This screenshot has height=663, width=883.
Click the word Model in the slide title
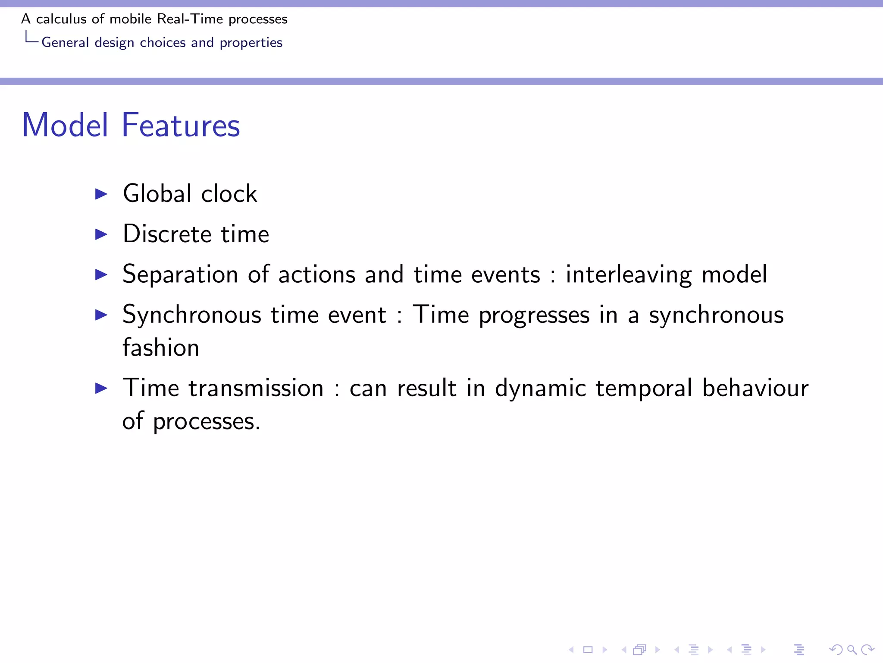[x=65, y=125]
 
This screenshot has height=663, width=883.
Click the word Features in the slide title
[x=181, y=125]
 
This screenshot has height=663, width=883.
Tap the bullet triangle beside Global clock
[x=101, y=194]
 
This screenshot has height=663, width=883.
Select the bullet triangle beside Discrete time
[x=101, y=234]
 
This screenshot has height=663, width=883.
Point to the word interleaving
[x=629, y=275]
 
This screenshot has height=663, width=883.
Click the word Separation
[x=180, y=275]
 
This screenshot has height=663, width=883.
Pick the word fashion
[x=160, y=347]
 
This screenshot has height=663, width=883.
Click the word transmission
[x=256, y=388]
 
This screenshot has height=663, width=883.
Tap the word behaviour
[x=755, y=388]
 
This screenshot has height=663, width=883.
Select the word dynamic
[x=540, y=388]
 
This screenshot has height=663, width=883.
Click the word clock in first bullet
[x=229, y=193]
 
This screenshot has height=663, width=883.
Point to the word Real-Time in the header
[x=190, y=19]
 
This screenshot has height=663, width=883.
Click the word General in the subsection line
[x=65, y=42]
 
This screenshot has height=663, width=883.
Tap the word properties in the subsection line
[x=251, y=42]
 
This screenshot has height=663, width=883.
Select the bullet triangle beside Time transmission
[x=101, y=388]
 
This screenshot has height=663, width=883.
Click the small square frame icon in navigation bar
[x=588, y=650]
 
